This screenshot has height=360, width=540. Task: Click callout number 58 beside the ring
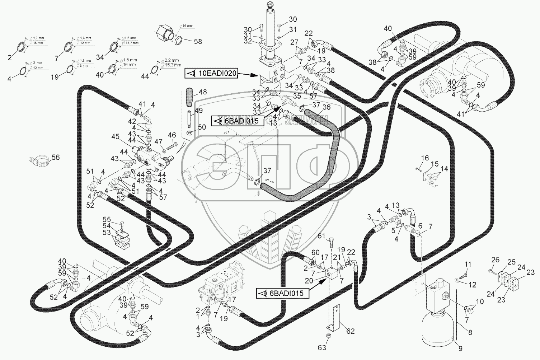(198, 41)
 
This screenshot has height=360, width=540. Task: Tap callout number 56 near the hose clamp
(56, 157)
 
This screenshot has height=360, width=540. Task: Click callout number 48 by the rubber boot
(203, 92)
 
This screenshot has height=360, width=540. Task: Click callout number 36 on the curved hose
(327, 107)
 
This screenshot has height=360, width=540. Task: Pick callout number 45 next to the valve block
(115, 136)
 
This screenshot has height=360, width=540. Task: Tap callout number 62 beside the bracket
(350, 331)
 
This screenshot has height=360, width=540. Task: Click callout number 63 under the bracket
(322, 347)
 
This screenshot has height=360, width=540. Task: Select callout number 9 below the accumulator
(460, 348)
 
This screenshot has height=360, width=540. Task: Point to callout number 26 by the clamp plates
(495, 260)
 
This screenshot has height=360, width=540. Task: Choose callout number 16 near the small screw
(425, 158)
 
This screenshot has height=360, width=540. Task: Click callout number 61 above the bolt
(322, 235)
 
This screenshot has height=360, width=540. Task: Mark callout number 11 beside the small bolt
(468, 264)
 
